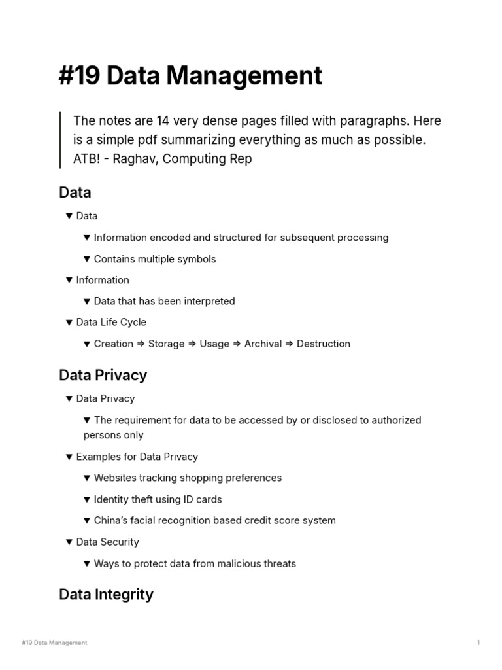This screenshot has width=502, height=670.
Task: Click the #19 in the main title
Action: pyautogui.click(x=79, y=76)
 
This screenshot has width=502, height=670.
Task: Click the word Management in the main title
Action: pyautogui.click(x=244, y=76)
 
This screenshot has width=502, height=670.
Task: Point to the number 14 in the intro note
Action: pyautogui.click(x=163, y=121)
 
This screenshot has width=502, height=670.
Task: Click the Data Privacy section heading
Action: pyautogui.click(x=103, y=375)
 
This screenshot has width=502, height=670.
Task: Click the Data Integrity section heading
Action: pyautogui.click(x=106, y=594)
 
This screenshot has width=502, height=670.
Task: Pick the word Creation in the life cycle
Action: pyautogui.click(x=114, y=344)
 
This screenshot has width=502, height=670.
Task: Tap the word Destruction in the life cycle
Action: pyautogui.click(x=324, y=344)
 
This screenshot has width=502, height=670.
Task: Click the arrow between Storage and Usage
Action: pyautogui.click(x=192, y=344)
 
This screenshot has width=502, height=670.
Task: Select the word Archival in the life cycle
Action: pyautogui.click(x=262, y=344)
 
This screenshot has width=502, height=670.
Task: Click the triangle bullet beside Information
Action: pyautogui.click(x=69, y=280)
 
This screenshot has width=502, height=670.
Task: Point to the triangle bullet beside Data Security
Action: pyautogui.click(x=69, y=542)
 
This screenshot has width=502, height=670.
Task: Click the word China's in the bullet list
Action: pyautogui.click(x=113, y=520)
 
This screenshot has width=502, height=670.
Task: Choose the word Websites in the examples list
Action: pyautogui.click(x=116, y=478)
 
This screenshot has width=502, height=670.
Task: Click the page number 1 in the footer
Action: pyautogui.click(x=478, y=643)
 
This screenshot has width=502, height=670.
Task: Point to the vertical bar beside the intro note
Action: pyautogui.click(x=60, y=140)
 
